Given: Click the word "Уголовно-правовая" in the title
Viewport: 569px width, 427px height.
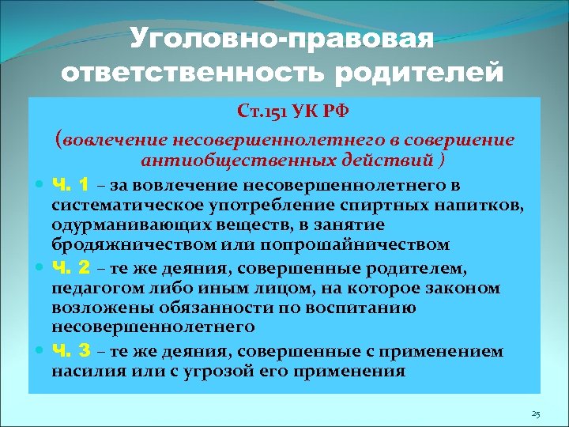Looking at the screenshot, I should click(x=282, y=38).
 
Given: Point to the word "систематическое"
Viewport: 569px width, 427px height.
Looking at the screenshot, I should click(x=117, y=206).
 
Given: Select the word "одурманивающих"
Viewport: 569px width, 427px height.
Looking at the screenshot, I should click(x=113, y=226).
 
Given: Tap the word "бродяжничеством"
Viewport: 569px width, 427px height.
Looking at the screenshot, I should click(x=119, y=245).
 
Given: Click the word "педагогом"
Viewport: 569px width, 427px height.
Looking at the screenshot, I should click(x=86, y=289).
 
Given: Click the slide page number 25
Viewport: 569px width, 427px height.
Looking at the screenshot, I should click(x=536, y=414).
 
